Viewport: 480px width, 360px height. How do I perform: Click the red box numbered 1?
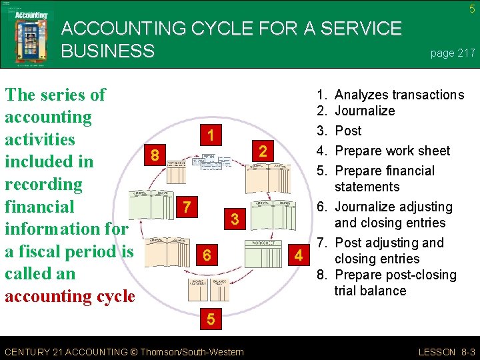[x=211, y=136]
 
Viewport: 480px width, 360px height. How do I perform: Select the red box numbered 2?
[x=263, y=152]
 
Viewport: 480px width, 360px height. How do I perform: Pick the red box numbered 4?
[x=299, y=255]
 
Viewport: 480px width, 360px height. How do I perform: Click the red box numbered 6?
[x=207, y=255]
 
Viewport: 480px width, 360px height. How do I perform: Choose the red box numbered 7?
[x=189, y=207]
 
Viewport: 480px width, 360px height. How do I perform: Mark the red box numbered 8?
[x=155, y=156]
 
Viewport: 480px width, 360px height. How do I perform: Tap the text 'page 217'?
[x=453, y=53]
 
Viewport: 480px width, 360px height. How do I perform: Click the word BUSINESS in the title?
[x=107, y=51]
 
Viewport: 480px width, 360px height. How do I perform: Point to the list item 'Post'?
[x=348, y=131]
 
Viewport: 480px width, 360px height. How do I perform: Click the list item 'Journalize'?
[x=365, y=111]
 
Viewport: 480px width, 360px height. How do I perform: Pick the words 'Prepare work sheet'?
[x=392, y=151]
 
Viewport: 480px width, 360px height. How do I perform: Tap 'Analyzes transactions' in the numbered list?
[x=399, y=95]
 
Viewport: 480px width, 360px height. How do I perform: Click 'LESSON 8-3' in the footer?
[x=446, y=352]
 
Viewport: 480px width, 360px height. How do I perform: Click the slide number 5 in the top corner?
[x=471, y=9]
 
